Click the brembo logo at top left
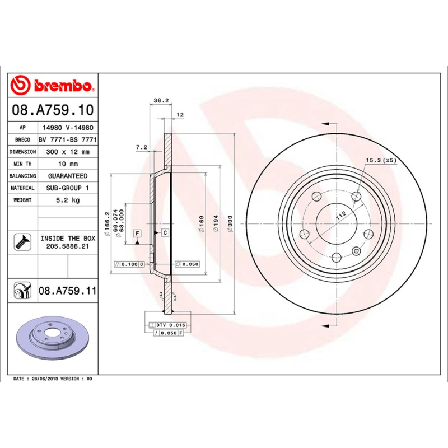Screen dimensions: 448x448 [x=53, y=85]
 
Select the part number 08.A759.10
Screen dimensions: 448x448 [x=53, y=109]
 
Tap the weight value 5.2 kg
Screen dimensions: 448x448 [x=68, y=200]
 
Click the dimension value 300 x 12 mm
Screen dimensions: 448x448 [x=68, y=152]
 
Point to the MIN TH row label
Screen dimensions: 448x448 [x=22, y=164]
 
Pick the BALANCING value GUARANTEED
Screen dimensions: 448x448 [x=68, y=176]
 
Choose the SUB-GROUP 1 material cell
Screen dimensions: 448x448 [x=68, y=188]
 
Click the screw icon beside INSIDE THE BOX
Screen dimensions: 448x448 [x=21, y=241]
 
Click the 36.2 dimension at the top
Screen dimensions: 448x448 [x=161, y=101]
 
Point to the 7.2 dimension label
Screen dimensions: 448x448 [x=141, y=147]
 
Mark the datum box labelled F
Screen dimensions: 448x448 [x=137, y=232]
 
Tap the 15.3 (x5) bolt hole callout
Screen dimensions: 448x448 [x=381, y=160]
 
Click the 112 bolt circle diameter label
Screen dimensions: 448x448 [x=339, y=214]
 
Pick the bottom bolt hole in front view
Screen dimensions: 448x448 [x=335, y=257]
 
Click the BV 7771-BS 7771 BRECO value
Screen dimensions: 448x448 [x=68, y=139]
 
